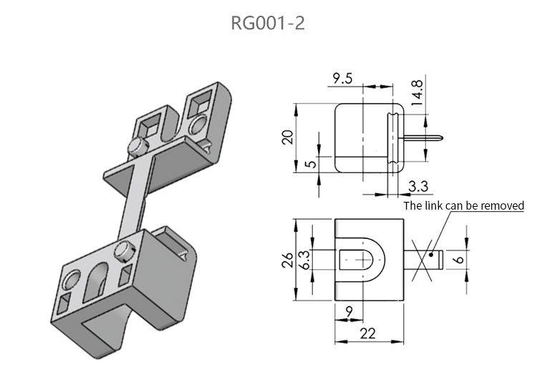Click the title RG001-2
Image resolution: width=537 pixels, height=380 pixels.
click(x=268, y=23)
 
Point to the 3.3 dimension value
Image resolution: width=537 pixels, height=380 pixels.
click(x=418, y=187)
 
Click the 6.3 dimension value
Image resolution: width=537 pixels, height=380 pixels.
click(x=304, y=258)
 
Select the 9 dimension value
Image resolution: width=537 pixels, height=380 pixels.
click(x=349, y=311)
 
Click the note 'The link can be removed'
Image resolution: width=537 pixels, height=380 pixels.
click(x=464, y=206)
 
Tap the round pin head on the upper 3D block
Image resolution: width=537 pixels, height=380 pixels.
click(x=135, y=147)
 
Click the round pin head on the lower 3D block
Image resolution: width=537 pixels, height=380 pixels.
click(x=124, y=252)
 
